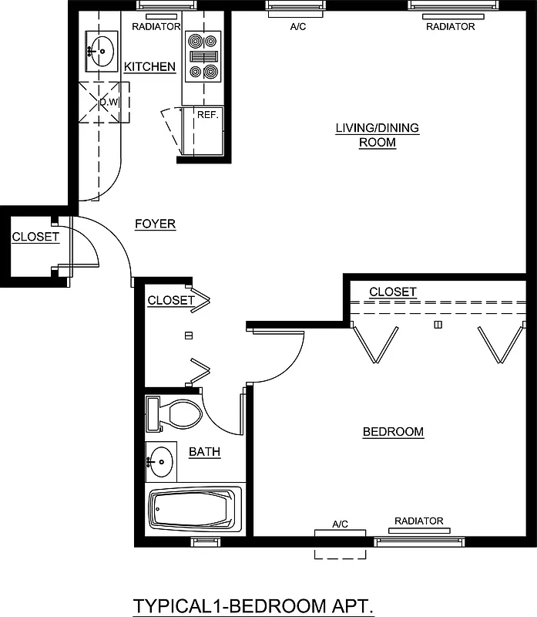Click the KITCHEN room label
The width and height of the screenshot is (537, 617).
[x=150, y=67]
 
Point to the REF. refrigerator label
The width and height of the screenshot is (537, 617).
[x=208, y=114]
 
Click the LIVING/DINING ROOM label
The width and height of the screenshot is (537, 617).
[x=377, y=135]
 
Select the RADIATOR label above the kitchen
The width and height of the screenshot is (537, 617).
[x=156, y=26]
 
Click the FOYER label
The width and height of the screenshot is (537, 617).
[x=155, y=224]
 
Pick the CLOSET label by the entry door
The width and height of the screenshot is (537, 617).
[x=35, y=237]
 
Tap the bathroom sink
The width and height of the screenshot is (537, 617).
[x=160, y=461]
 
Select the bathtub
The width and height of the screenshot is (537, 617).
[x=194, y=510]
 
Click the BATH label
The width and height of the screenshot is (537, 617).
[x=205, y=451]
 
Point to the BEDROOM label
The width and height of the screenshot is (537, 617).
[x=393, y=432]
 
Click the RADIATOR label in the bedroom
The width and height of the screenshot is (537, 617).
[x=418, y=521]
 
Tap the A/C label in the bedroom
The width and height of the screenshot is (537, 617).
[x=341, y=524]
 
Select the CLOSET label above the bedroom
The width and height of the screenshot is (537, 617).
[x=393, y=292]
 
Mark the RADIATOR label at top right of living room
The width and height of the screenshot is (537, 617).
[x=450, y=26]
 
